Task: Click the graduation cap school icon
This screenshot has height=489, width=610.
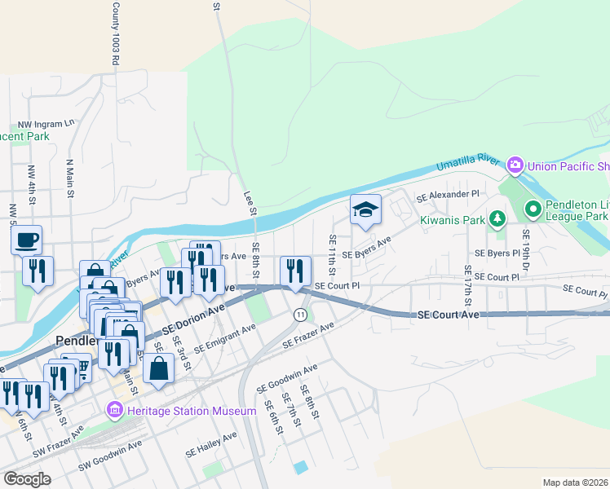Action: click(x=365, y=210)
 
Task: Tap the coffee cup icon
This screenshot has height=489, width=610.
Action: click(x=27, y=240)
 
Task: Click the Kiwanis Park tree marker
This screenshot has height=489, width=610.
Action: click(x=496, y=218)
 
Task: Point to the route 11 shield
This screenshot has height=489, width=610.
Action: click(x=301, y=315)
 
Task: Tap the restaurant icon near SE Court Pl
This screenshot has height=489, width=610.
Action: click(x=295, y=270)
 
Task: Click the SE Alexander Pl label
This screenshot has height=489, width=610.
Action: click(x=448, y=196)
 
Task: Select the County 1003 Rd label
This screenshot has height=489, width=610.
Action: click(x=116, y=33)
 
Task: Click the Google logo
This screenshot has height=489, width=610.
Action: click(x=27, y=478)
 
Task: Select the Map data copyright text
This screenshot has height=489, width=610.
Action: click(x=575, y=482)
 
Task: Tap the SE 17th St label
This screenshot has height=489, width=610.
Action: click(x=467, y=280)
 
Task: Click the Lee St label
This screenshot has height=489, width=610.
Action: click(x=250, y=204)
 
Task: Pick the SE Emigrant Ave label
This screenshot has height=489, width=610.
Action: click(x=224, y=336)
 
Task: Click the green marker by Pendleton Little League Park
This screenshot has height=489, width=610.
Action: click(x=533, y=210)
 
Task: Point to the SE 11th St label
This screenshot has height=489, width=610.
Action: click(x=333, y=254)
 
